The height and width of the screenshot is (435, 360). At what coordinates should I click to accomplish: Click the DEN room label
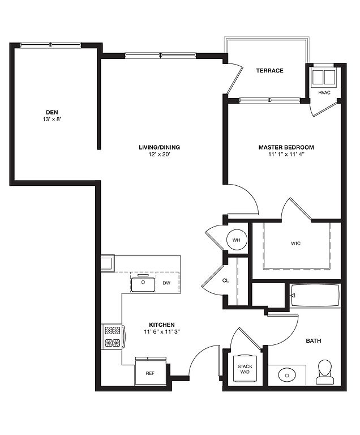[x=52, y=112]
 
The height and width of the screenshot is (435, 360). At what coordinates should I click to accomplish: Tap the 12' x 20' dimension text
[x=159, y=154]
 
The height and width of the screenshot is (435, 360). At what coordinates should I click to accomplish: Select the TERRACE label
[x=269, y=70]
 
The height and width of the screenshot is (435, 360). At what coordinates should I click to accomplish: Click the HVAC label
[x=324, y=93]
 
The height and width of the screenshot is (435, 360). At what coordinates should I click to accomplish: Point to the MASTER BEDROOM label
[x=286, y=147]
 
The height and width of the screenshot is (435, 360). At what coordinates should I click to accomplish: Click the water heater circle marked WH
[x=237, y=240]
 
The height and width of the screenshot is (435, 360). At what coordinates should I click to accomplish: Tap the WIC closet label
[x=295, y=244]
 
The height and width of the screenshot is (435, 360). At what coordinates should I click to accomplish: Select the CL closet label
[x=226, y=280]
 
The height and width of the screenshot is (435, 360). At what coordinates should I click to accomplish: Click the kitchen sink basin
[x=143, y=284]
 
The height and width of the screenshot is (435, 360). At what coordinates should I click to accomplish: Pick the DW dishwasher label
[x=166, y=283]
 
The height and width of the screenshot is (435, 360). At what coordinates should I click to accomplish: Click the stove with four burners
[x=113, y=337]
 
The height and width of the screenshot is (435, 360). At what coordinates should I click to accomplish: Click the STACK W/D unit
[x=245, y=369]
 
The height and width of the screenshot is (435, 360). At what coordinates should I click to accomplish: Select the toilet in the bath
[x=325, y=372]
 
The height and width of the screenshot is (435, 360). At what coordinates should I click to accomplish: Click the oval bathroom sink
[x=287, y=376]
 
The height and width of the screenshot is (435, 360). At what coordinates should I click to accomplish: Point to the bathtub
[x=315, y=296]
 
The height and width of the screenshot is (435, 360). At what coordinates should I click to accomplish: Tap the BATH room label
[x=314, y=340]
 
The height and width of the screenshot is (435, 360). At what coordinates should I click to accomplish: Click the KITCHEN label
[x=162, y=325]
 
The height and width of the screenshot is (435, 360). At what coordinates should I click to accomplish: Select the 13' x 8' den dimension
[x=52, y=120]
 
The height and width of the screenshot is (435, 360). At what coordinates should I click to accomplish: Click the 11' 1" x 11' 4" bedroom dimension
[x=286, y=154]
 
